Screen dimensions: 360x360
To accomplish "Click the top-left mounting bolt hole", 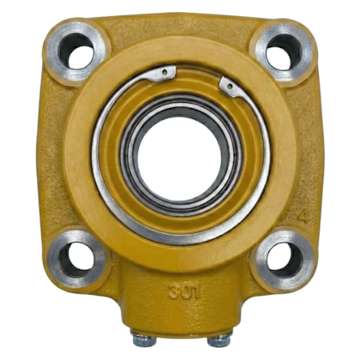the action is (75, 51).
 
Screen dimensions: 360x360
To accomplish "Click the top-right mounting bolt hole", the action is (284, 51).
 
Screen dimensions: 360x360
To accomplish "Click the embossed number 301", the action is (183, 292).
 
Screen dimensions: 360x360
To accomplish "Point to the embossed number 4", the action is (303, 216).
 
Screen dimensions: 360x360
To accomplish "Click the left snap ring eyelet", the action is (165, 73).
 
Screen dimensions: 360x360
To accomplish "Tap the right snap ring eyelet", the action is (229, 86).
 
